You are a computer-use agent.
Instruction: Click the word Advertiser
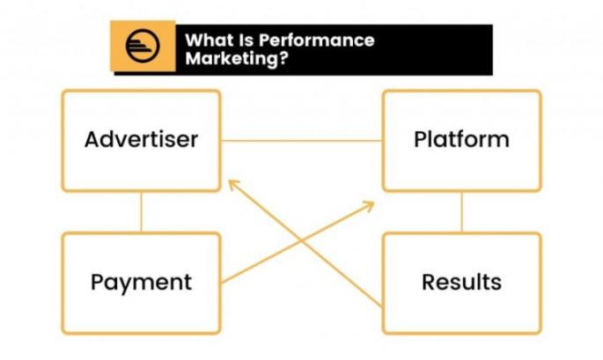pos(141,139)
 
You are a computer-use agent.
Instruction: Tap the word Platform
pos(461,139)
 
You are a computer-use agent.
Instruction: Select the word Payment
pos(141,283)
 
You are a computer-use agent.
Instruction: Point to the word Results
pos(461,283)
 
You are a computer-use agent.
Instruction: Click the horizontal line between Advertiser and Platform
pos(301,141)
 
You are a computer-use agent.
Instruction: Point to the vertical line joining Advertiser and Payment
pos(141,211)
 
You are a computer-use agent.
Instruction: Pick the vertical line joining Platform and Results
pos(461,211)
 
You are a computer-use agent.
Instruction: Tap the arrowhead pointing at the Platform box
pos(370,204)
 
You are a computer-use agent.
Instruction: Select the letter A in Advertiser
pos(92,139)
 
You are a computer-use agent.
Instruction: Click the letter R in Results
pos(429,283)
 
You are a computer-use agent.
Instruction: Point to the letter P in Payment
pos(97,283)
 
